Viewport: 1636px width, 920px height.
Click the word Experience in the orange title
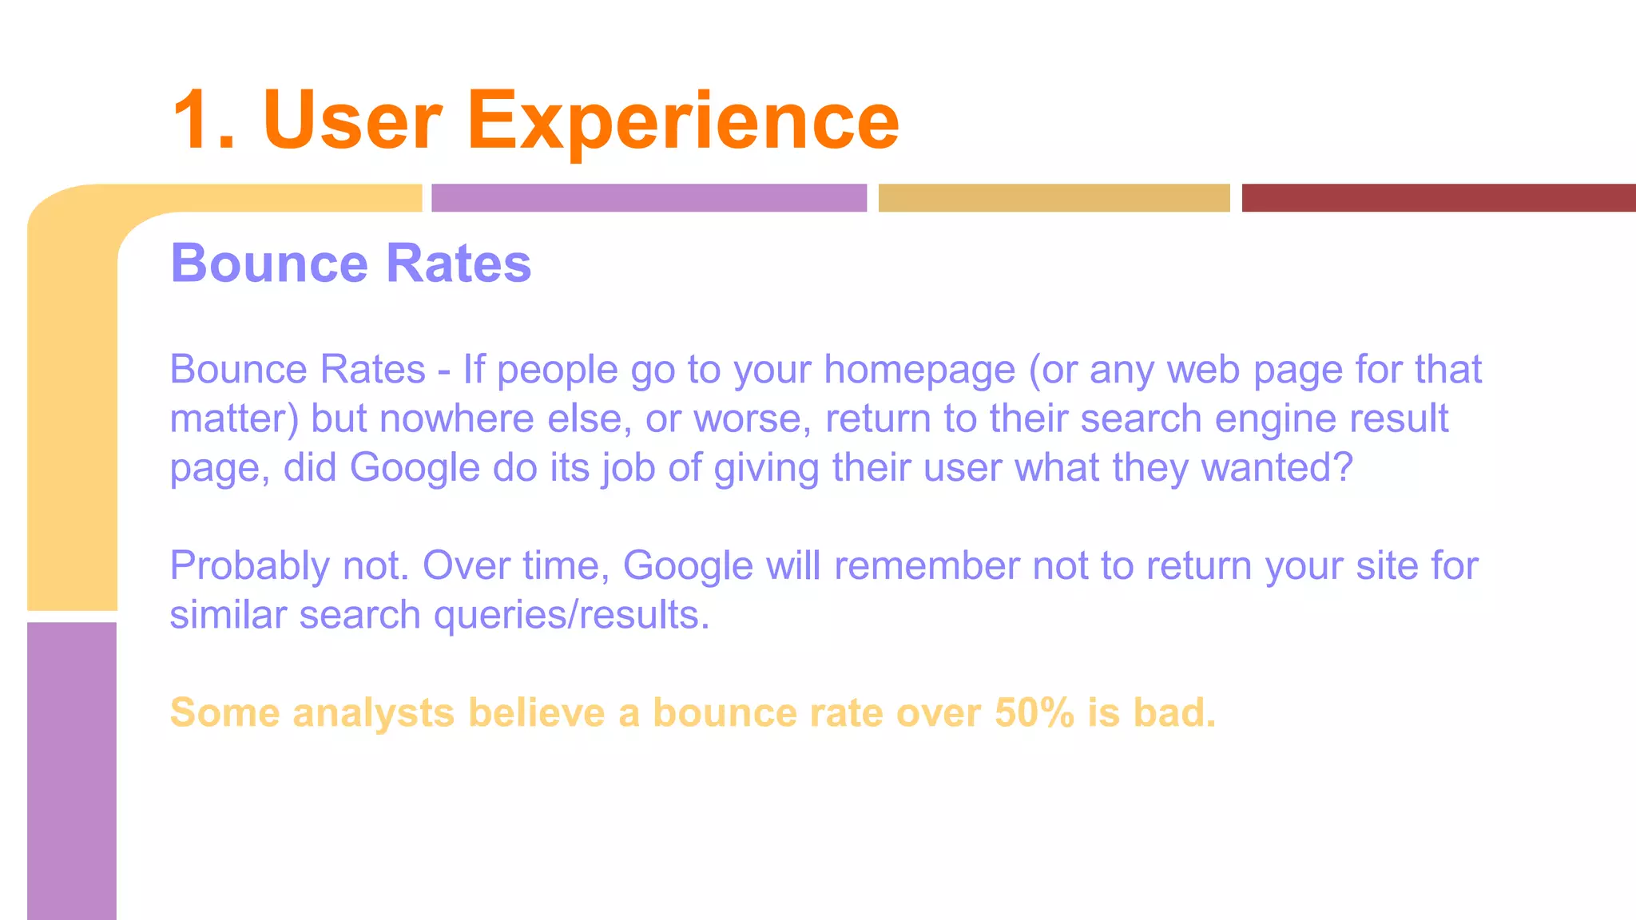[683, 121]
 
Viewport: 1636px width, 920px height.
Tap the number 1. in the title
[203, 121]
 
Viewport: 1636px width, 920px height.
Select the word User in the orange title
[351, 121]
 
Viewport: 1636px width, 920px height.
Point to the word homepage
[919, 371]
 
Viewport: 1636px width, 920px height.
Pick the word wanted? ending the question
[1277, 468]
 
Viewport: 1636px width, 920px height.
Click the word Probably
[249, 567]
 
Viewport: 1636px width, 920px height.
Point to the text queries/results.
[571, 616]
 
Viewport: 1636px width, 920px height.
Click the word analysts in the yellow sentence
[373, 713]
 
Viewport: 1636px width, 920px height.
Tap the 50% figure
[1034, 713]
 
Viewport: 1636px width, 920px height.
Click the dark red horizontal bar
[1438, 198]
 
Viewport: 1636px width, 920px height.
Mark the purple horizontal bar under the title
[649, 198]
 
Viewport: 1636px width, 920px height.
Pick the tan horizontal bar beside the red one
[1054, 198]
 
